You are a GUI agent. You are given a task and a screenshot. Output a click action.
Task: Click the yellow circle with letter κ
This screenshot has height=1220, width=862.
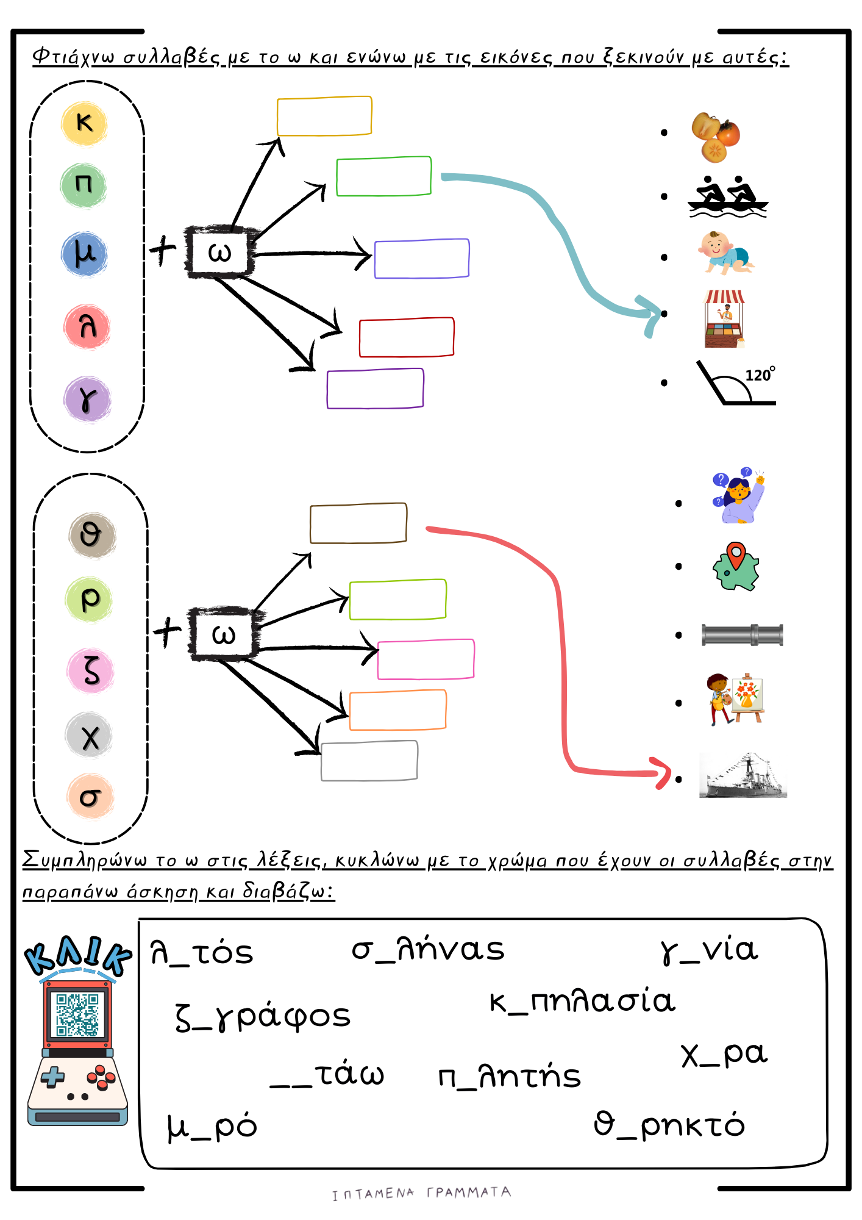(84, 123)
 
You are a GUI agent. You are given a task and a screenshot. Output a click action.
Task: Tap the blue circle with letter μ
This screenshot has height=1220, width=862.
(84, 254)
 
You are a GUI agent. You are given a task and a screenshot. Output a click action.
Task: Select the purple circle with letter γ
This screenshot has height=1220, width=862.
(87, 400)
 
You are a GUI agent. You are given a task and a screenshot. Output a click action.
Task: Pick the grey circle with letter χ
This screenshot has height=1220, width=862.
(89, 736)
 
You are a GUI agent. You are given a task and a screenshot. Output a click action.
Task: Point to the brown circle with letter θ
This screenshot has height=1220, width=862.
(91, 535)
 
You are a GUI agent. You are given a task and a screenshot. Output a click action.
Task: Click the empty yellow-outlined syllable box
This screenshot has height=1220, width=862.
(324, 116)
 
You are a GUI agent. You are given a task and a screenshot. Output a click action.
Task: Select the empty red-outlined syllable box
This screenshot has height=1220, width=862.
(407, 337)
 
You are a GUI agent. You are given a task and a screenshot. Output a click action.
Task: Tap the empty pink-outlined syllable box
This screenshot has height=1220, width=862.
(426, 659)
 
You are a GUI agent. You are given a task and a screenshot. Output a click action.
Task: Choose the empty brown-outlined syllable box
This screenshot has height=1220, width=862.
(358, 523)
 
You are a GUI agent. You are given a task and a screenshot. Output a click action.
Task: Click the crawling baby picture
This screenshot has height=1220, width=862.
(725, 253)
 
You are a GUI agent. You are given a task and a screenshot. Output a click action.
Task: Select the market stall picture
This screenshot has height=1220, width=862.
(724, 318)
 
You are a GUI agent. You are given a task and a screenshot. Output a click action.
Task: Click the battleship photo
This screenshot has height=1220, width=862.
(743, 776)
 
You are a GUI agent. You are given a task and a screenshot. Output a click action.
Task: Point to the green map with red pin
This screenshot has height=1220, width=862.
(736, 567)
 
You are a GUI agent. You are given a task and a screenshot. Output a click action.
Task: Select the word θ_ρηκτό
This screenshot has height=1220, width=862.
(669, 1124)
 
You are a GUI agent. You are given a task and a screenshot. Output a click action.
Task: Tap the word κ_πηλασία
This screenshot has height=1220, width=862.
(582, 1002)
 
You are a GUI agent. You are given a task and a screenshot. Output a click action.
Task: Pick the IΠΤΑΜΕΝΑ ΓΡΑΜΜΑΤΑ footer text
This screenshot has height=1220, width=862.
(421, 1193)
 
